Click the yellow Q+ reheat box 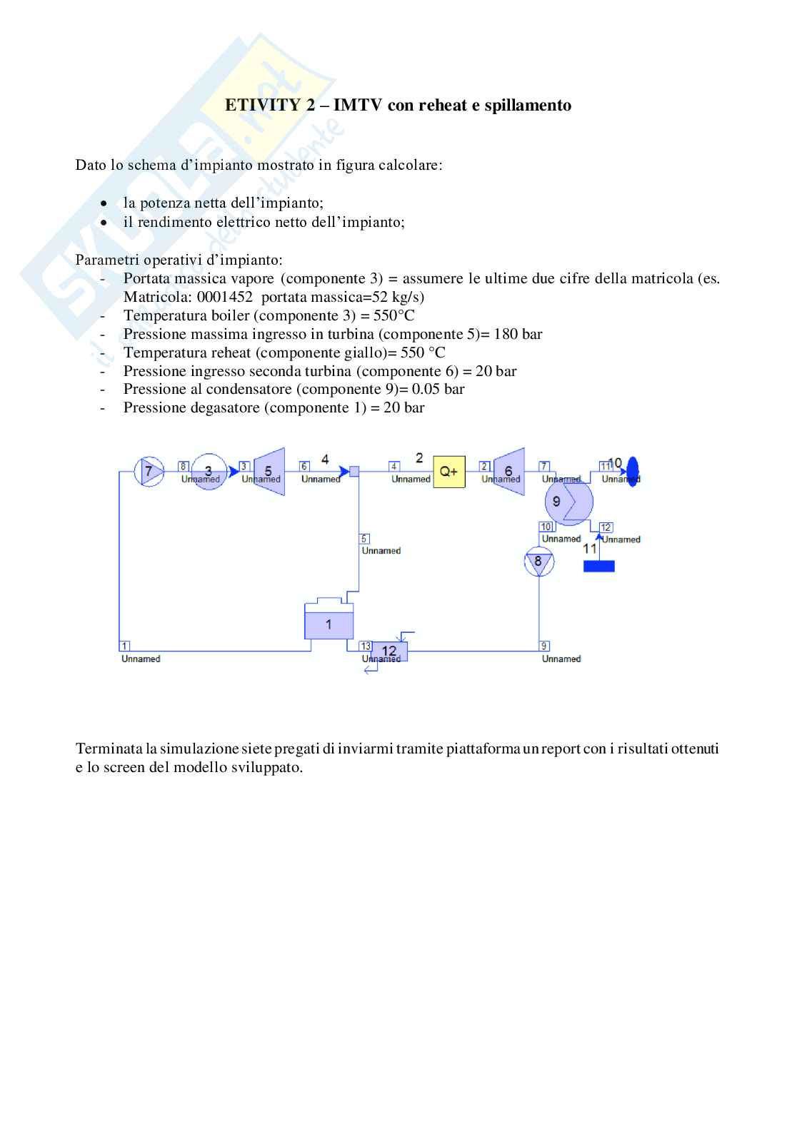click(448, 471)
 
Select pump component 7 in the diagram click(149, 471)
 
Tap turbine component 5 click(269, 471)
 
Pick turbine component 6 click(508, 471)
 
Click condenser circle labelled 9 click(568, 502)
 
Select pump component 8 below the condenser click(538, 562)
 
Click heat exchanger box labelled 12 click(389, 651)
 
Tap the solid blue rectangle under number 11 click(598, 566)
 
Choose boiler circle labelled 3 click(209, 471)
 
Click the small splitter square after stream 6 click(354, 471)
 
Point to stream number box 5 click(365, 539)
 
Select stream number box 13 click(366, 646)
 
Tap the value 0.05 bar click(438, 389)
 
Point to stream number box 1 click(124, 646)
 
